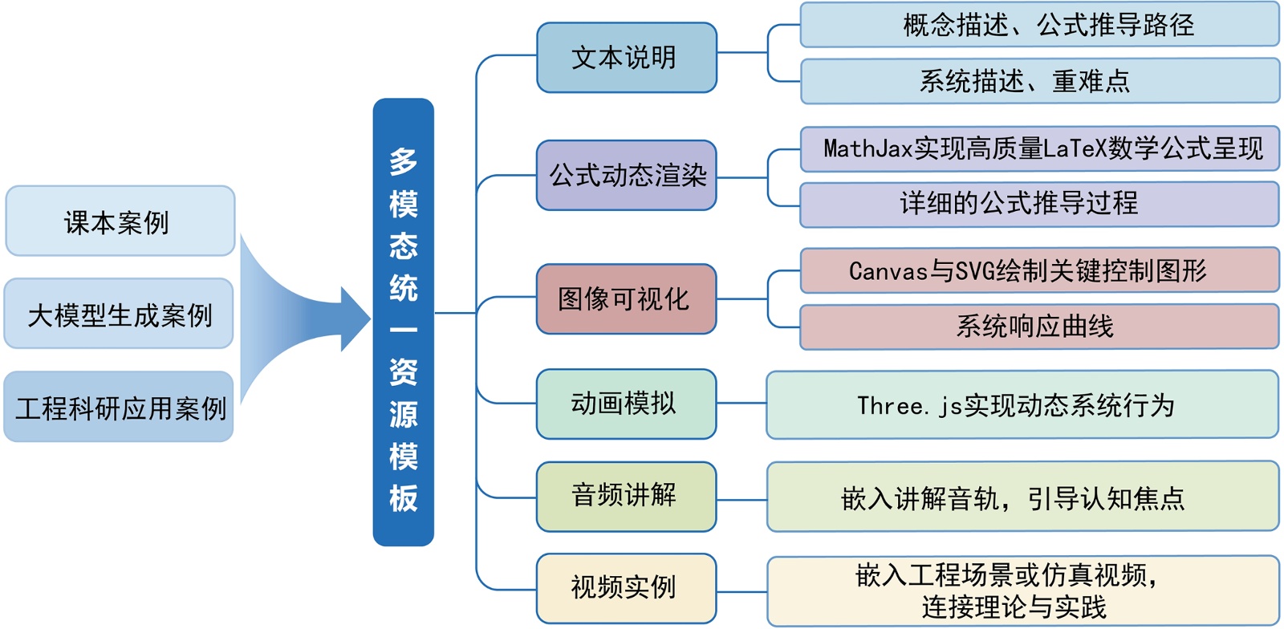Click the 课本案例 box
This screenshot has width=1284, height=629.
point(120,221)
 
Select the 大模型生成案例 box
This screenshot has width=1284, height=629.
point(119,314)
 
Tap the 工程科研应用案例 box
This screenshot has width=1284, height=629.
point(119,407)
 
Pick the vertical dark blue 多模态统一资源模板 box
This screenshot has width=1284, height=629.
point(403,322)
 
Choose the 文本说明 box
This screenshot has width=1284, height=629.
point(626,58)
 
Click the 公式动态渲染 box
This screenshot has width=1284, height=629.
point(626,175)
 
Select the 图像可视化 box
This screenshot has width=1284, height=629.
point(626,298)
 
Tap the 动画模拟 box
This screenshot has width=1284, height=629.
point(626,404)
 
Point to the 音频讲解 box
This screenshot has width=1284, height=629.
point(626,496)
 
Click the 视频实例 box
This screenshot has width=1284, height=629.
point(626,587)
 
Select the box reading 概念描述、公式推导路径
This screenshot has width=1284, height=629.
point(1039,25)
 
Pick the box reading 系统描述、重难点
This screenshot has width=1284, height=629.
point(1039,81)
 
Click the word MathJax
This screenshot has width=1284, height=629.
point(868,148)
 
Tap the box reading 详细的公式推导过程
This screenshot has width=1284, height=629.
point(1039,204)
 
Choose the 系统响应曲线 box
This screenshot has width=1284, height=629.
point(1039,327)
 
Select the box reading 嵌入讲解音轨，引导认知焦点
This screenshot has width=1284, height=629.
point(1022,497)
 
